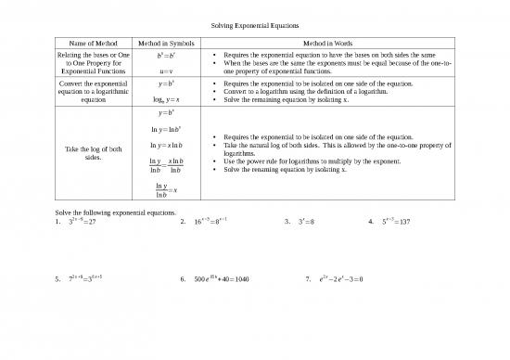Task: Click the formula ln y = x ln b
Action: [x=162, y=147]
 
